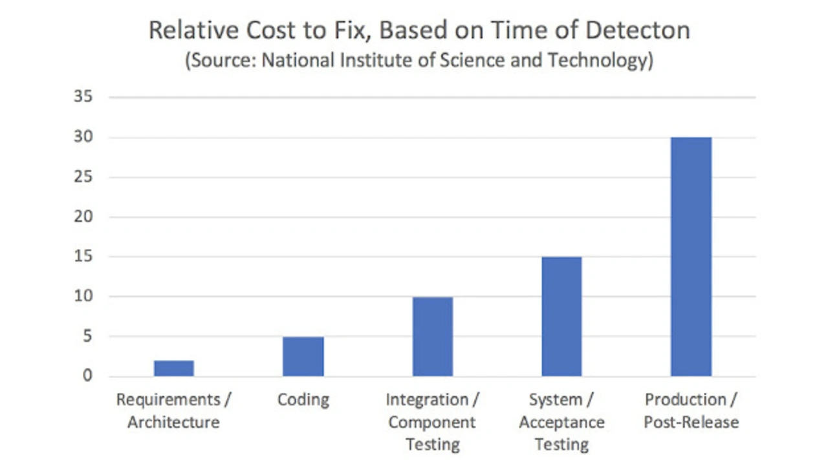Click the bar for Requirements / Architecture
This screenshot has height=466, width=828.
point(174,368)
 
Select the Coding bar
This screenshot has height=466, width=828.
point(303,356)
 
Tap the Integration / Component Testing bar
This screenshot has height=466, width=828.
point(433,337)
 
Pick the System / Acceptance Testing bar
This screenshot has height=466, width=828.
point(561,317)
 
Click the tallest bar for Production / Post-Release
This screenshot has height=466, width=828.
point(691,257)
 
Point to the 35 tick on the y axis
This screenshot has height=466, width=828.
point(84,98)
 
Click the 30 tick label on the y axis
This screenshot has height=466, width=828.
point(84,138)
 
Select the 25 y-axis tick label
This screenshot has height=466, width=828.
point(84,178)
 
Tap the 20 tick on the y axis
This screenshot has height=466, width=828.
point(84,217)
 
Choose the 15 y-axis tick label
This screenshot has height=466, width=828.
point(84,257)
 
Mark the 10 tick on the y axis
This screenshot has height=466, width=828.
point(84,297)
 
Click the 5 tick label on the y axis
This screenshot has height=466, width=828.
point(88,337)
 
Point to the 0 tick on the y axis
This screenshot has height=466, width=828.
point(88,376)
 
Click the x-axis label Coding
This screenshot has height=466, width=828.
point(303,400)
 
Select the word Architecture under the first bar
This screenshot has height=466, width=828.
point(173,423)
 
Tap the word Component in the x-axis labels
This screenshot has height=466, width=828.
point(432,423)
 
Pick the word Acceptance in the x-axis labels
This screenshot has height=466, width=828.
point(561,423)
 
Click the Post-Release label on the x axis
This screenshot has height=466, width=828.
point(691,423)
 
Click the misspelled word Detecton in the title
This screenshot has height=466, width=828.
point(640,30)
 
